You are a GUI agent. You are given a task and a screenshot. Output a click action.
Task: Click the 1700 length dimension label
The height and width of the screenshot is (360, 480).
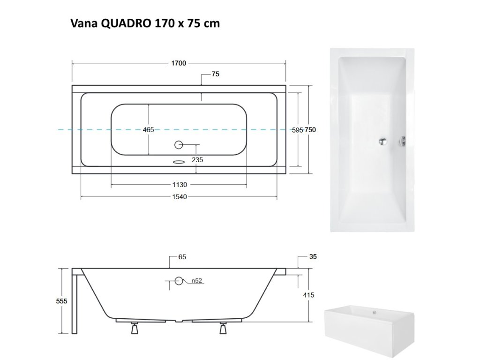pos(179,63)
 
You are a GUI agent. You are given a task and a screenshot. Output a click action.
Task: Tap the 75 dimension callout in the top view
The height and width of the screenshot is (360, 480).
pos(216,74)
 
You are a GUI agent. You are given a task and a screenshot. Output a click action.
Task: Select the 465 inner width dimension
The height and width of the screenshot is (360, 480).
pos(149,130)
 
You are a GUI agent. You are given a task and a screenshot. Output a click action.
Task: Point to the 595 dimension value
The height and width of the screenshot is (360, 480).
pos(297,130)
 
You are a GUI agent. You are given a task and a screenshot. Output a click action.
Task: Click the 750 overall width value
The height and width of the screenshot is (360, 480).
pos(310,130)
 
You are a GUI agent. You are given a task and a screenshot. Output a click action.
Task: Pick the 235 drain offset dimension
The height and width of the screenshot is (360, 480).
pos(197,160)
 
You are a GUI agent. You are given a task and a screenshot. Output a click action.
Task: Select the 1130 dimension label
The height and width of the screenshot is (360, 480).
pos(180,185)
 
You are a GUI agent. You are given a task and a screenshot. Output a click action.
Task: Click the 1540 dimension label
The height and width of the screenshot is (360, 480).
pos(180,196)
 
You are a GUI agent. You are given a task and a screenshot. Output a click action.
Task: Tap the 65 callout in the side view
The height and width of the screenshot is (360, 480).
pos(182,257)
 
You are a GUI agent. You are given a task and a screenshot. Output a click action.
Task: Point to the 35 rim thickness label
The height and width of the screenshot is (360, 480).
pos(313,256)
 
